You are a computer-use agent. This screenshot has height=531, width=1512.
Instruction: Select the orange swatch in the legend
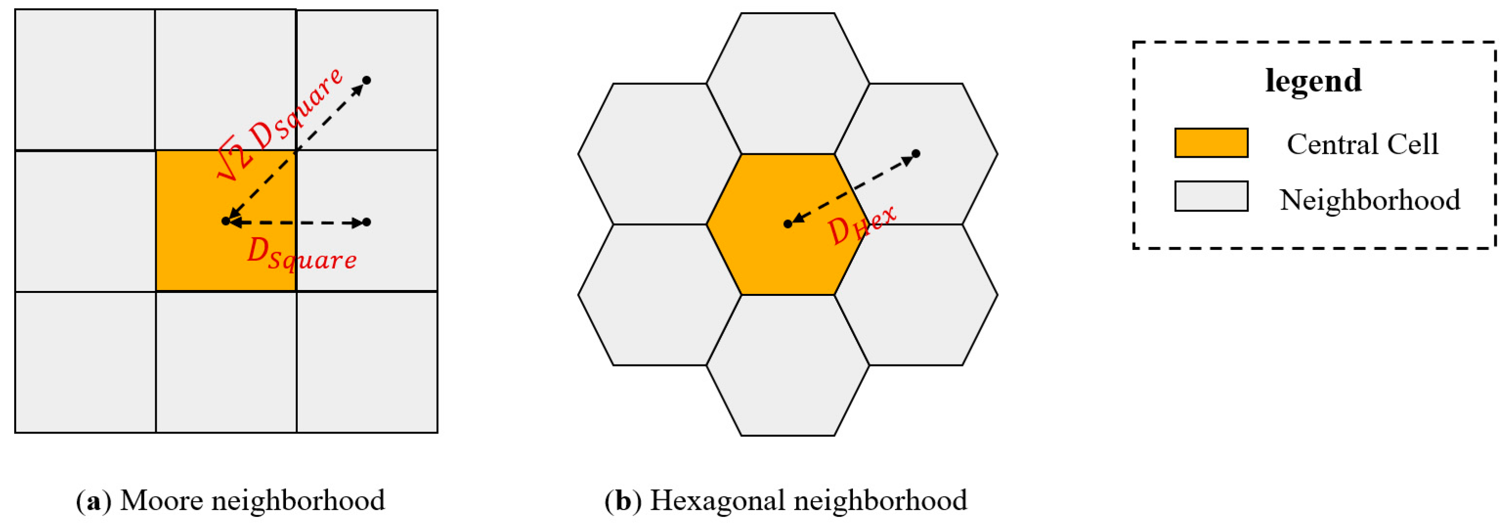tap(1211, 143)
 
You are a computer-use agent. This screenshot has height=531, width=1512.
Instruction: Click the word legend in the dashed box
tap(1313, 80)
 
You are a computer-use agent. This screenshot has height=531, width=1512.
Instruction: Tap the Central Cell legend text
tap(1362, 145)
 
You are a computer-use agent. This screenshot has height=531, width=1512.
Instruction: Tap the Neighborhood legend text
tap(1370, 200)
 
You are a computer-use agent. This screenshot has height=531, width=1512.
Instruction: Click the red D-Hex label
tap(862, 224)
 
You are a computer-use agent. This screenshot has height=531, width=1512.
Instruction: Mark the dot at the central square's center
tap(226, 221)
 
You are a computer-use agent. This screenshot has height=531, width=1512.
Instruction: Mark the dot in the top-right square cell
tap(367, 80)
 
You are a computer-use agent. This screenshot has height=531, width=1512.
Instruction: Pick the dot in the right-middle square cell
tap(367, 222)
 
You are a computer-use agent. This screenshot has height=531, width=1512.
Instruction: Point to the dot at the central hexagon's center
tap(788, 224)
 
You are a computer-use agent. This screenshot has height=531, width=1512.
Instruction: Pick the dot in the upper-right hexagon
tap(916, 154)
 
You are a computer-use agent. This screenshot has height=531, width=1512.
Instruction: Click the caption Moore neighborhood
tap(252, 501)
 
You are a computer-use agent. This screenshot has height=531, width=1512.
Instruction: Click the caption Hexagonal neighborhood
tap(808, 501)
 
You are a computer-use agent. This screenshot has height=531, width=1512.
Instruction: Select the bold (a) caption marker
tap(94, 501)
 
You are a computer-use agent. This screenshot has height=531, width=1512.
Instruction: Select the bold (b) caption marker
tap(623, 501)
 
